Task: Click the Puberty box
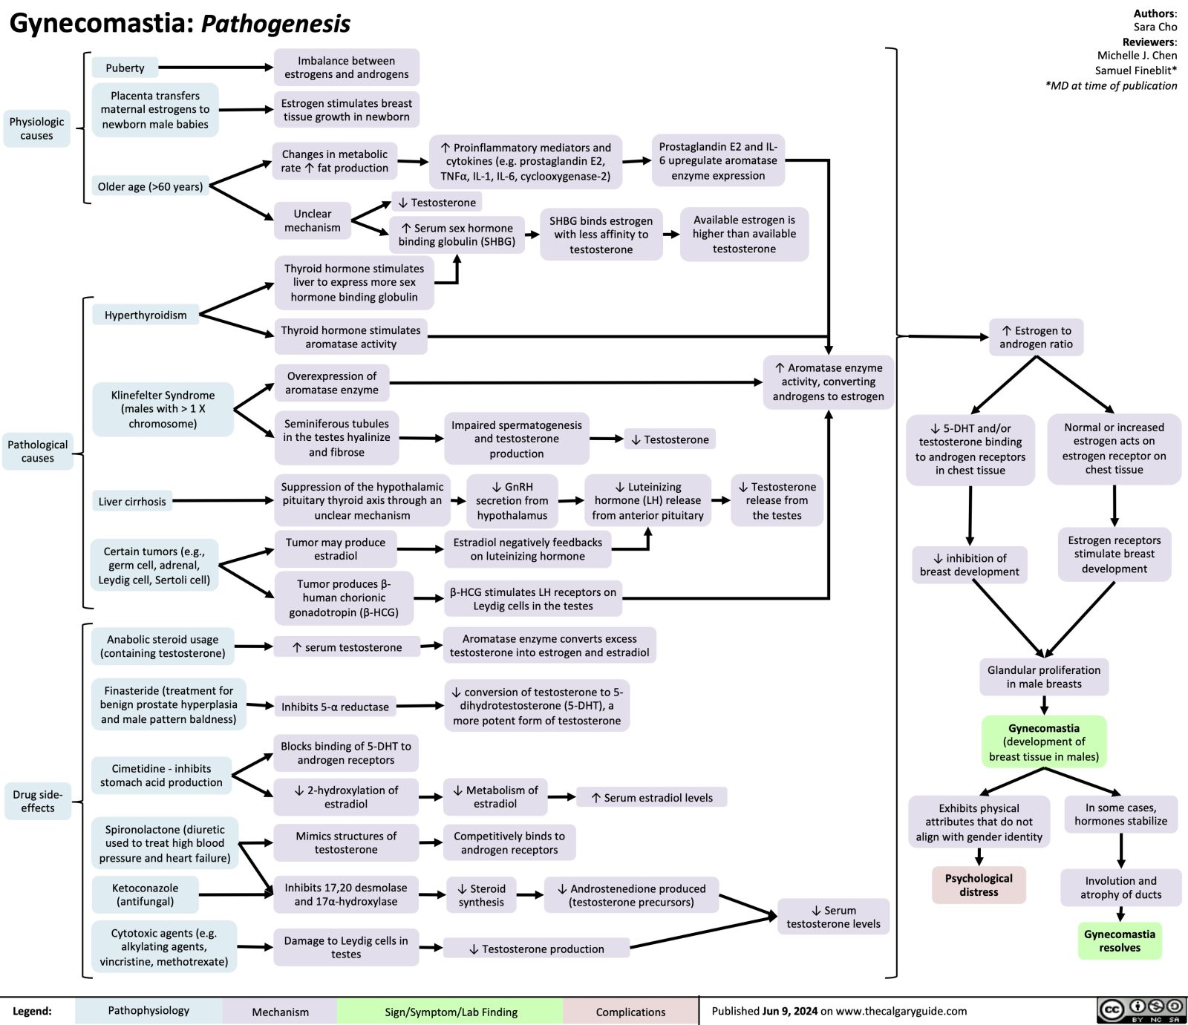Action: pos(125,68)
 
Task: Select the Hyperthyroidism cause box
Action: pos(146,315)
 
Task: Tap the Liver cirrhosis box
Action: pos(132,502)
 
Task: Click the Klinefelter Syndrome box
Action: pos(163,410)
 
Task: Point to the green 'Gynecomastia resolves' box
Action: pos(1119,940)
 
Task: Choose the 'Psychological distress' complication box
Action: pos(979,885)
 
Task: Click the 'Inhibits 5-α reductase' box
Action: pos(335,707)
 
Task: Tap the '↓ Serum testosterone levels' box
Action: pos(833,917)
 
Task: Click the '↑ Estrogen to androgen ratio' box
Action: pos(1036,337)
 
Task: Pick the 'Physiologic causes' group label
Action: pos(36,128)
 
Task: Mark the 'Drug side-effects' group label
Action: pos(38,801)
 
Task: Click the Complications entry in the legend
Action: pos(630,1012)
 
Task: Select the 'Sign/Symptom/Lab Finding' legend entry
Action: pos(451,1012)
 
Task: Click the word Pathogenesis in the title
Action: pos(275,24)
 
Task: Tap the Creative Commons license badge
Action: pos(1141,1010)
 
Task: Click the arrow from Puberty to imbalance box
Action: pos(215,68)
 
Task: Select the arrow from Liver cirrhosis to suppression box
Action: pos(223,501)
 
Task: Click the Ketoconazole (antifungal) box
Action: pos(145,894)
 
